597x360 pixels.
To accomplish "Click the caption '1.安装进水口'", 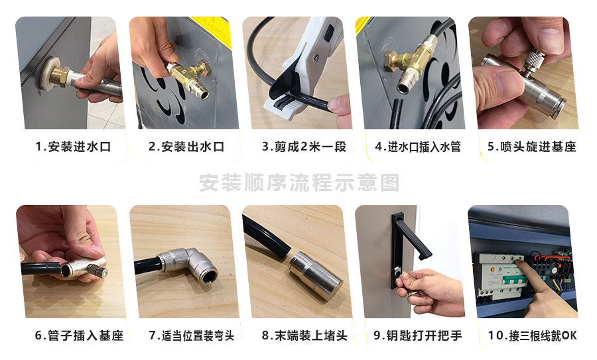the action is click(x=73, y=147).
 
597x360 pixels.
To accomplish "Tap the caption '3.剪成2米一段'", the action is click(x=304, y=147).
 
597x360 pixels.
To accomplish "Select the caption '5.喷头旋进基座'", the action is click(x=531, y=147).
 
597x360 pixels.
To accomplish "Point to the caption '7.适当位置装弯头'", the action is click(x=192, y=335).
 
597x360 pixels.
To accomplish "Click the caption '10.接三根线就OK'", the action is click(x=532, y=335).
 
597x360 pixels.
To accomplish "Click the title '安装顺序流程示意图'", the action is click(x=299, y=183).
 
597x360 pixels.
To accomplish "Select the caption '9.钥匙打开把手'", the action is click(x=418, y=335).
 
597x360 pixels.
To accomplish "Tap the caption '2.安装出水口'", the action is click(x=186, y=147).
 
